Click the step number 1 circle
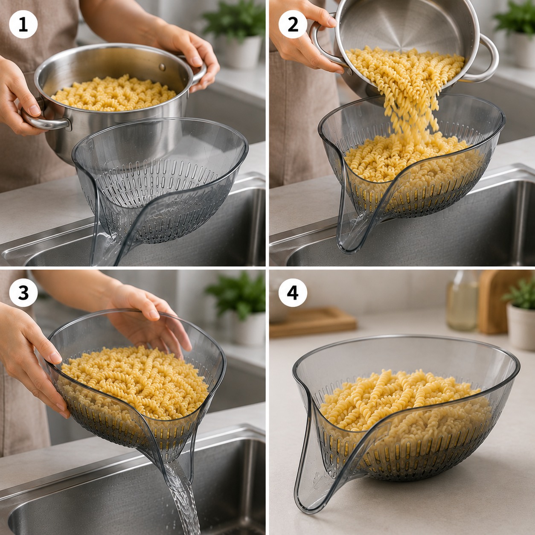tap(23, 24)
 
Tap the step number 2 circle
tap(293, 24)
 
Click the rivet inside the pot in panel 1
tap(162, 67)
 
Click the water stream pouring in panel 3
tap(183, 497)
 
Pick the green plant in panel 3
tap(236, 294)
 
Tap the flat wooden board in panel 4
tap(313, 322)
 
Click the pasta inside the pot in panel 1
tap(114, 93)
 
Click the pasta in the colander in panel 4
tap(403, 408)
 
